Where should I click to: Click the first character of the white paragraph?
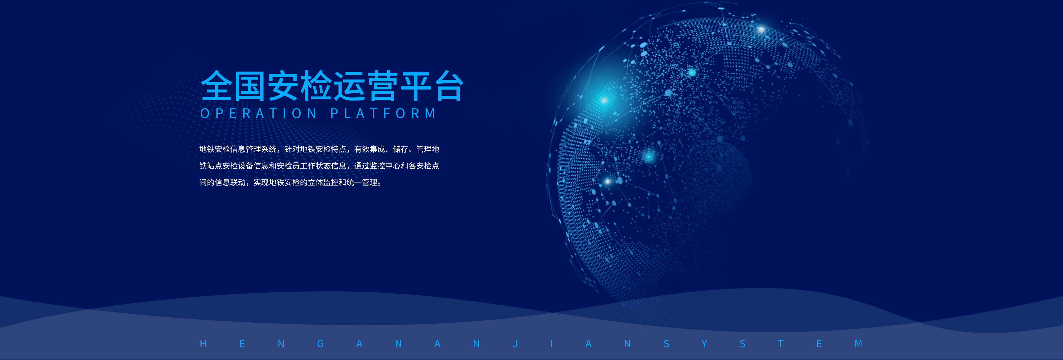pyautogui.click(x=203, y=149)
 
